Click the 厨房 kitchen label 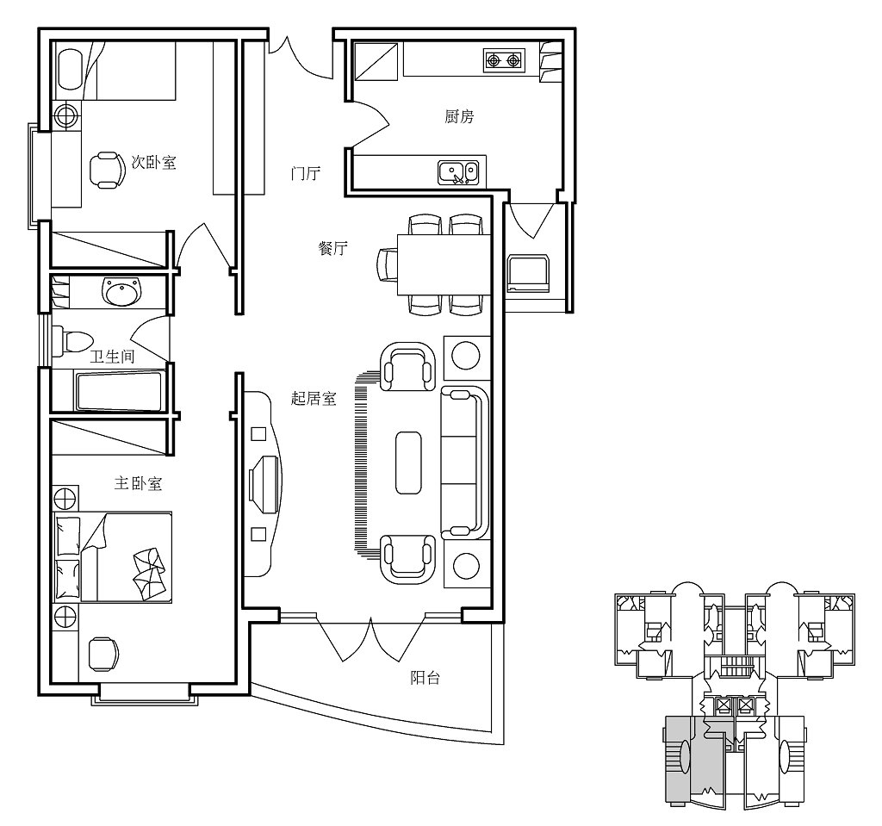click(x=459, y=117)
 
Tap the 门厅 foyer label click(x=305, y=174)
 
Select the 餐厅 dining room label click(x=332, y=249)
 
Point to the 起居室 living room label click(x=314, y=399)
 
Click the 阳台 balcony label click(x=425, y=678)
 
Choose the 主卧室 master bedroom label click(x=138, y=484)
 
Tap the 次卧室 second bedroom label click(x=153, y=162)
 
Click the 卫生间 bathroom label click(x=112, y=357)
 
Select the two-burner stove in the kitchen click(x=503, y=60)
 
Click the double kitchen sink click(x=458, y=173)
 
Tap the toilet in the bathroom click(x=71, y=340)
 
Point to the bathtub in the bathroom click(x=120, y=392)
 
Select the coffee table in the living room click(x=408, y=463)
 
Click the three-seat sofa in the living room click(x=464, y=462)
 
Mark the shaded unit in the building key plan click(x=694, y=758)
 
